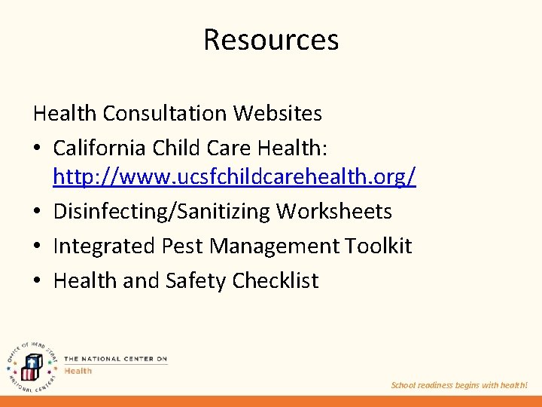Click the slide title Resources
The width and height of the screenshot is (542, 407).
tap(271, 39)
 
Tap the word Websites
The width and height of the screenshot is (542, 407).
tap(278, 113)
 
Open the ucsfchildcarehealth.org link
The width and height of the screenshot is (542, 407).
tap(235, 177)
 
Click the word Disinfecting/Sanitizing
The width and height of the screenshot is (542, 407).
tap(161, 211)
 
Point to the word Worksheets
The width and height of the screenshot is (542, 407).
tap(334, 211)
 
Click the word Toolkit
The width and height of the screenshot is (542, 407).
tap(379, 246)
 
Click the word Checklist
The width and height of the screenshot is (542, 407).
tap(276, 280)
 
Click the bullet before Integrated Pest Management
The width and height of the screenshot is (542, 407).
tap(38, 246)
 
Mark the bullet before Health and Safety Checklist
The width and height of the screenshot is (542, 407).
tap(38, 281)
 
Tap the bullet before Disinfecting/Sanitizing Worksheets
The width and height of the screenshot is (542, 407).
tap(38, 212)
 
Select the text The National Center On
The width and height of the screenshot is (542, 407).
tap(116, 359)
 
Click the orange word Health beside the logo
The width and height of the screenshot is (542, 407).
tap(78, 370)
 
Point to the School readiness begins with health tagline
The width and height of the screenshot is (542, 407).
tap(459, 385)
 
